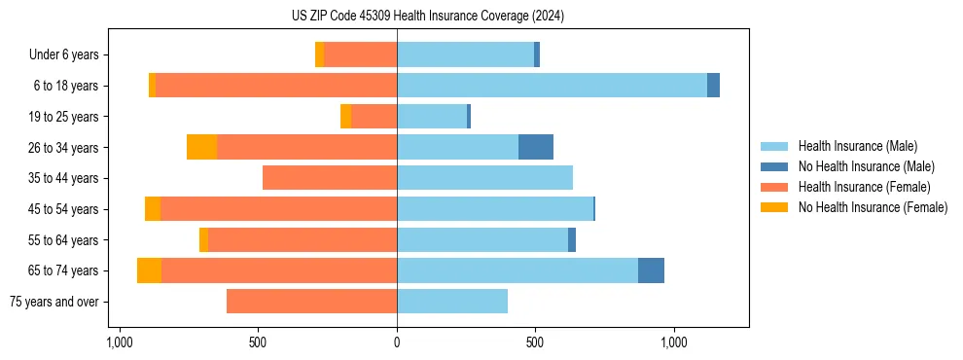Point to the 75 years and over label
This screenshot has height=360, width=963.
[53, 302]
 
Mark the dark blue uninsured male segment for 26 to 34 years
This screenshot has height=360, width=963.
[536, 147]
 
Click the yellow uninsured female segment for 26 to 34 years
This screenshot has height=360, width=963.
[201, 147]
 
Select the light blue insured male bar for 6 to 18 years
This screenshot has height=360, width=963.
[552, 86]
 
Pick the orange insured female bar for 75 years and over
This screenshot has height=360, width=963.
[311, 302]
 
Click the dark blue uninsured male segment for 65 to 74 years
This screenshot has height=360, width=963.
[651, 270]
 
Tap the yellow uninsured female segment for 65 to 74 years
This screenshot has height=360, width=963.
[149, 270]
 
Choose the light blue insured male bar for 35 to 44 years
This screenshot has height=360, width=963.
[484, 178]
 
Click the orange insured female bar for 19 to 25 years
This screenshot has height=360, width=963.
[374, 117]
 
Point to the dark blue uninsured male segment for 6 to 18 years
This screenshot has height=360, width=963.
[713, 86]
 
